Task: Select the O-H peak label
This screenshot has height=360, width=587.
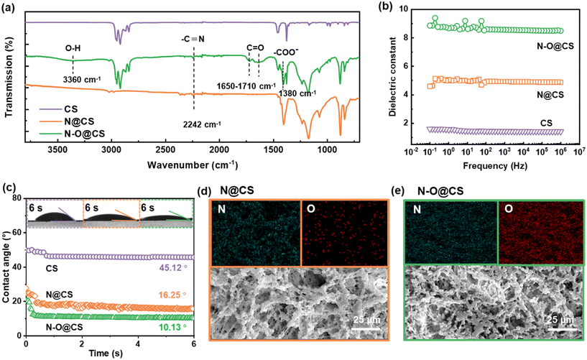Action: [x=73, y=48]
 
